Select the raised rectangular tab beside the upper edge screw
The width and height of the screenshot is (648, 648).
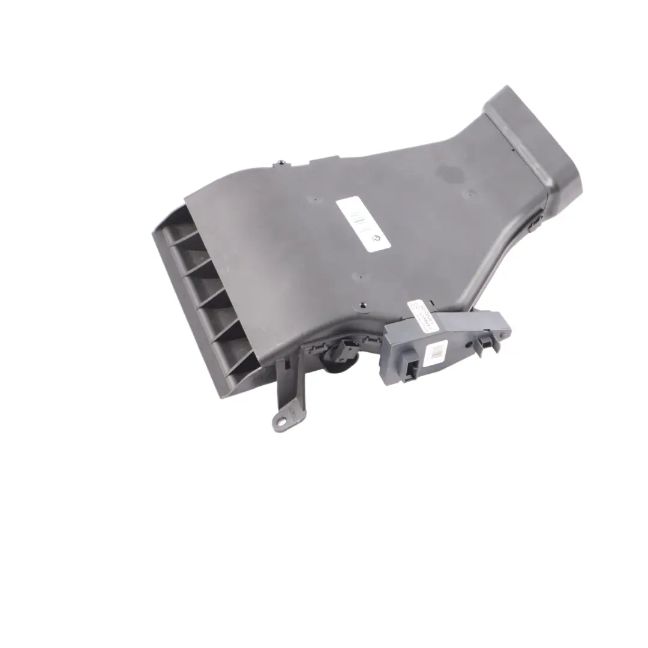(317, 160)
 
